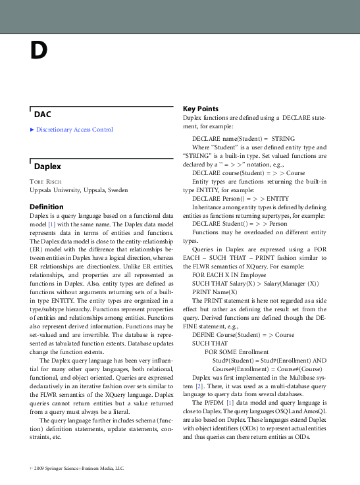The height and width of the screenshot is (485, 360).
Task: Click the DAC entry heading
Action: click(43, 115)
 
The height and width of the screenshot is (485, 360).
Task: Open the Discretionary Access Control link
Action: click(74, 130)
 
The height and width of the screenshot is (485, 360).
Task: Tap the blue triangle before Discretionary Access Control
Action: click(32, 130)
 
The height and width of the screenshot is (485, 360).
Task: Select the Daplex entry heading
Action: click(48, 166)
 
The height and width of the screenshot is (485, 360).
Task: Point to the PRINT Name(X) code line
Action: click(215, 291)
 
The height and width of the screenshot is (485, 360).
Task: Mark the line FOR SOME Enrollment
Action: click(234, 351)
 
